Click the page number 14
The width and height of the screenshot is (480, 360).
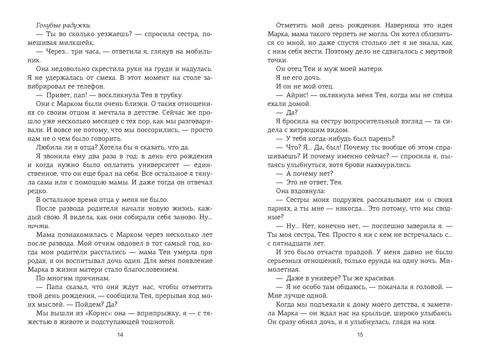(121, 335)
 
